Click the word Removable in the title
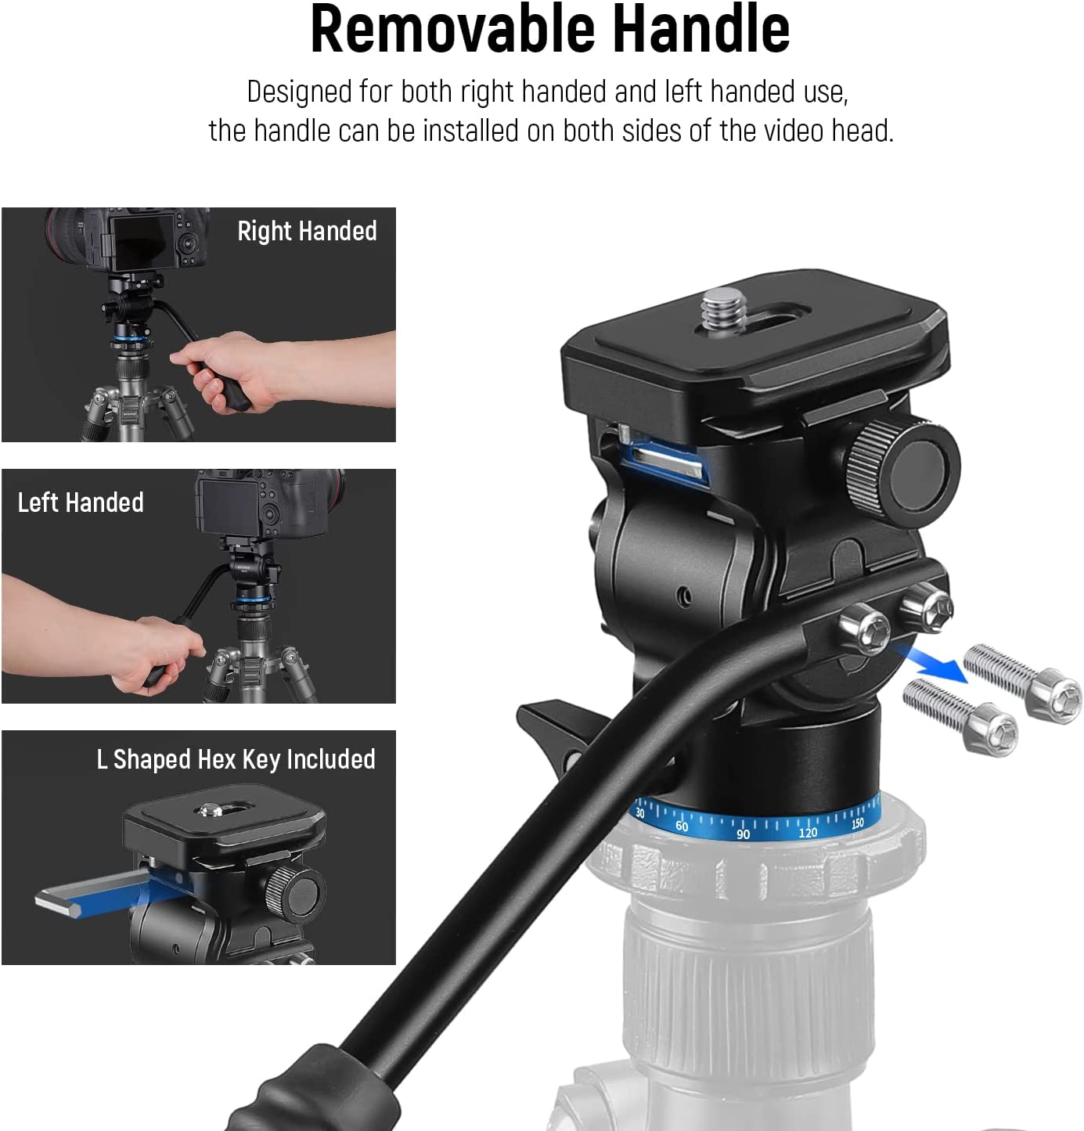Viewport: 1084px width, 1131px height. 452,29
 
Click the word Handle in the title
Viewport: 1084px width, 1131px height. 701,29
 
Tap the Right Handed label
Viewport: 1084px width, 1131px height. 307,232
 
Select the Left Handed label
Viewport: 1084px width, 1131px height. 80,502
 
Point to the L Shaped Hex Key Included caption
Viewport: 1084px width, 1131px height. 236,760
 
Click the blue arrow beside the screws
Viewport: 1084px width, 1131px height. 931,663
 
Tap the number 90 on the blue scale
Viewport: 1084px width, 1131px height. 743,834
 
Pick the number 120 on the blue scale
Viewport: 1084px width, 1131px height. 808,833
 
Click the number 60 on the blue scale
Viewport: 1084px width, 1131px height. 682,826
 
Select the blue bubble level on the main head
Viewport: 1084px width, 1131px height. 664,463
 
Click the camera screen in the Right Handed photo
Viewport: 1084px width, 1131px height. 143,243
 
